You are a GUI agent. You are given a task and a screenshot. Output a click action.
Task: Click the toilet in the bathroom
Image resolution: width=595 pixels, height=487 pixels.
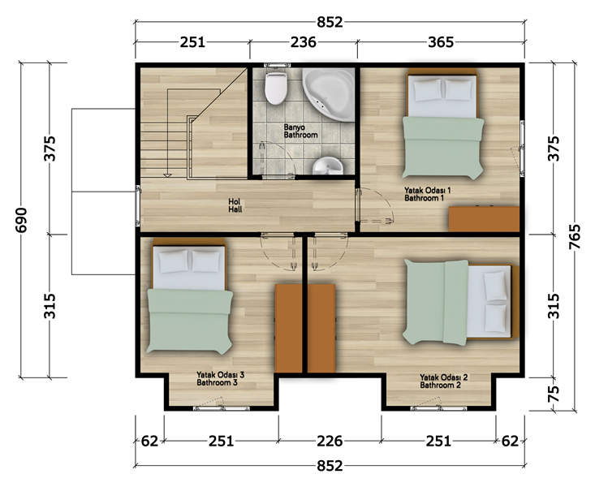[x=276, y=88]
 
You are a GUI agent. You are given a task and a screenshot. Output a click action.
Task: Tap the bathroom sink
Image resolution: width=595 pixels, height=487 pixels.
[x=328, y=166]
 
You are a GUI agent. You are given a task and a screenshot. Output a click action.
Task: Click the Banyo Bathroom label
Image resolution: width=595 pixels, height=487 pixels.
[x=300, y=131]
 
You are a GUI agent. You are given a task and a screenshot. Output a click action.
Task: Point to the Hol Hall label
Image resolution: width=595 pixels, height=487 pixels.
[x=235, y=205]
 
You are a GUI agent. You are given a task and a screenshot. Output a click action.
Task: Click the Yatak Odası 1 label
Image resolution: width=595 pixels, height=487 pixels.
[x=428, y=190]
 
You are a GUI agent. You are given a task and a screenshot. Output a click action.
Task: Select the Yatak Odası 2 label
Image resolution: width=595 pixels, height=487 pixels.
[x=443, y=377]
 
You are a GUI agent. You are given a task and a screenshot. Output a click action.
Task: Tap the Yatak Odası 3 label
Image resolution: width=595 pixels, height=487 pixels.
[x=221, y=375]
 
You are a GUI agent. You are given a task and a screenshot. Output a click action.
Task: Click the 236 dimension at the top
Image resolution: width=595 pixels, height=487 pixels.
[x=304, y=42]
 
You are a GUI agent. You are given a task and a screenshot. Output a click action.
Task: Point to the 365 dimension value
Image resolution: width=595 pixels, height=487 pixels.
[x=441, y=42]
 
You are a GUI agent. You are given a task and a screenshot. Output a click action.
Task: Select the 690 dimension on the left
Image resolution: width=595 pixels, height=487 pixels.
[x=21, y=220]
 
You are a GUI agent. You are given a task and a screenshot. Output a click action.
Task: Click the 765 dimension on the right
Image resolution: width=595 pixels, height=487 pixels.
[x=576, y=237]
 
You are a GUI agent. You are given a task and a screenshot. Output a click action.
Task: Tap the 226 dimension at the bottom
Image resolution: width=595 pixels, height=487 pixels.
[x=330, y=441]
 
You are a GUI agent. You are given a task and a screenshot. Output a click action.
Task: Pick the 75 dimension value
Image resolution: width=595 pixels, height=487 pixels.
[x=554, y=394]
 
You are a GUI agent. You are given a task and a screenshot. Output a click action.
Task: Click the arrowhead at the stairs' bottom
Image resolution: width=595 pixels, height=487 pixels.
[x=167, y=175]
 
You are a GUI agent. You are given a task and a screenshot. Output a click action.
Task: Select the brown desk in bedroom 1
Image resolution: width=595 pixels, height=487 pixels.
[x=484, y=218]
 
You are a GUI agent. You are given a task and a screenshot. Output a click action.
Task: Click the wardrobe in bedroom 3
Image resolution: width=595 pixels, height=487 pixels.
[x=288, y=329]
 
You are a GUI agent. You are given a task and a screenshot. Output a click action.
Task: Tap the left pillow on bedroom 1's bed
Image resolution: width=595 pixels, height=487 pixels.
[x=428, y=90]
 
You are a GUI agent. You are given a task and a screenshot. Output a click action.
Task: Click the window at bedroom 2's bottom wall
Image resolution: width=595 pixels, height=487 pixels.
[x=438, y=408]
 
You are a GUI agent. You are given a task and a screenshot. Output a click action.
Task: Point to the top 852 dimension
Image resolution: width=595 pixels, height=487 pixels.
[x=330, y=22]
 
